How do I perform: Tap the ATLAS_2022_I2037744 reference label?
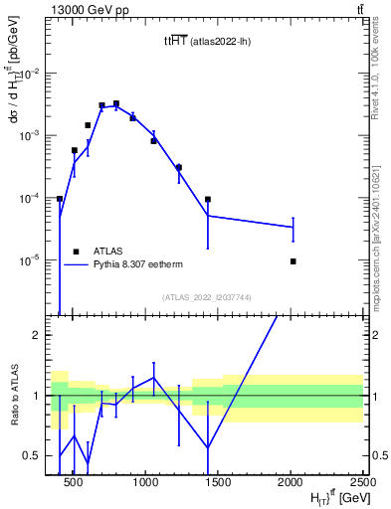208,297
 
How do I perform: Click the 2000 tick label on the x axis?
291,482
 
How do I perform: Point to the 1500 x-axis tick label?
218,482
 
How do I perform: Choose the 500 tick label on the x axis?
73,482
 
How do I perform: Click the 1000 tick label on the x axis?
145,482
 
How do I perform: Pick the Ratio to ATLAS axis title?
12,396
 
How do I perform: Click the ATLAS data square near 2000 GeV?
293,261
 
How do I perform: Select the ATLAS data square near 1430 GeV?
208,200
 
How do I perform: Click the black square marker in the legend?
76,252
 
